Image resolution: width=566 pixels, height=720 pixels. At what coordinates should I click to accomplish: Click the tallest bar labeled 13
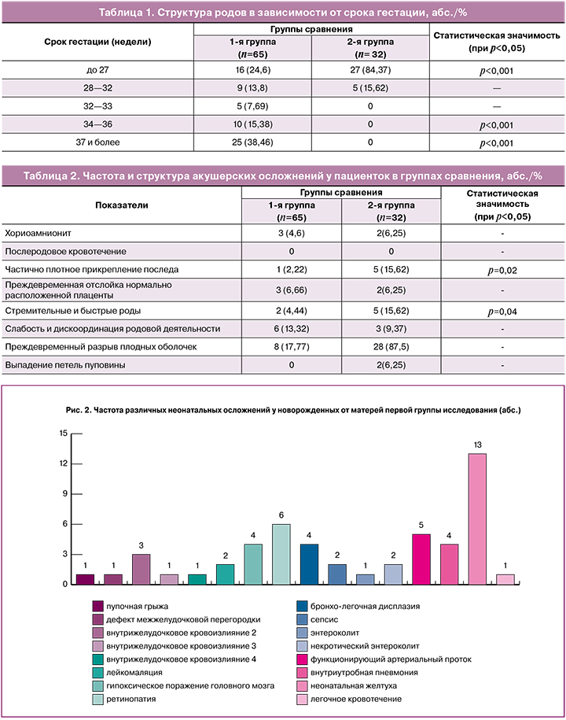click(477, 519)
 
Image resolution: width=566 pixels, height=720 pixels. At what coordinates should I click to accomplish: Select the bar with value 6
click(281, 554)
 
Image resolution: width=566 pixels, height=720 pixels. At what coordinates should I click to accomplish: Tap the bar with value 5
click(421, 559)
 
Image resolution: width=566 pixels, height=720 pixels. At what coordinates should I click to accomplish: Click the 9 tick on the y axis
click(64, 493)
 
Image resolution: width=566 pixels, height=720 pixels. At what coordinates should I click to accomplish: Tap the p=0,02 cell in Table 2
click(502, 270)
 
